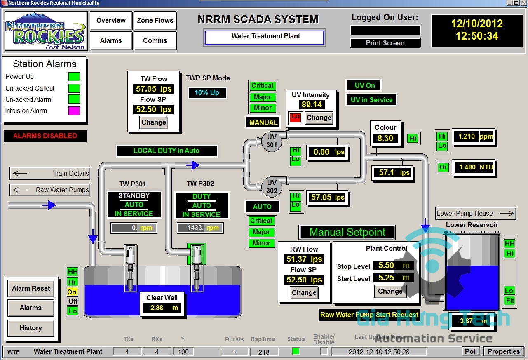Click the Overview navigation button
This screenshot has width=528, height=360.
click(x=111, y=21)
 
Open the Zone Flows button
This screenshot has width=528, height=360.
click(x=155, y=21)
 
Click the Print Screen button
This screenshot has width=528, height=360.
click(x=385, y=43)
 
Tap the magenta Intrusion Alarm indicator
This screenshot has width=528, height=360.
click(x=74, y=111)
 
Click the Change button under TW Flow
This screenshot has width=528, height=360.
click(x=153, y=122)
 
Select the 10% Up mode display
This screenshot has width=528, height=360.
click(x=207, y=93)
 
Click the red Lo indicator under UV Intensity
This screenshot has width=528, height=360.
click(x=295, y=118)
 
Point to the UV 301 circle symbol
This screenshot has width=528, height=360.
click(x=272, y=141)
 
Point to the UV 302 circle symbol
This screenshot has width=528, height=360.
click(x=272, y=187)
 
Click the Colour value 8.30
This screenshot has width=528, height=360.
click(x=385, y=139)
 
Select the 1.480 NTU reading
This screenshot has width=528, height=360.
click(x=473, y=167)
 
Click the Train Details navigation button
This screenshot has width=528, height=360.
click(x=50, y=173)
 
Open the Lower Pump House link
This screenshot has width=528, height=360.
click(x=476, y=213)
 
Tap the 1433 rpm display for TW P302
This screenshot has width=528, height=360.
click(x=200, y=228)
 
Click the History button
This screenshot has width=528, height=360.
click(x=31, y=328)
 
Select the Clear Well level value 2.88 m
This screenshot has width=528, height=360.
click(x=162, y=308)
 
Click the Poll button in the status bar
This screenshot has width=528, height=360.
click(x=471, y=351)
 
